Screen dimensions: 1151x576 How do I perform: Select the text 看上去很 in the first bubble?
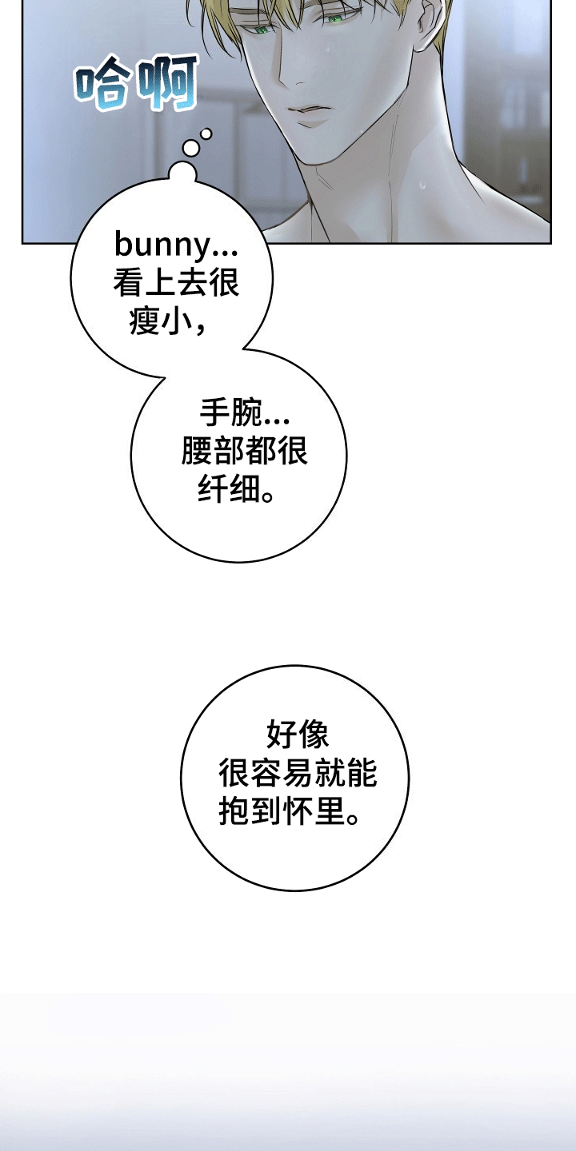[177, 282]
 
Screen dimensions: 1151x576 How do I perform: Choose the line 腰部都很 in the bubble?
[245, 452]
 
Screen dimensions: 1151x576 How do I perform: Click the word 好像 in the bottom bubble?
[296, 734]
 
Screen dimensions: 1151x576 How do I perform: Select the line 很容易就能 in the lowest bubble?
[298, 773]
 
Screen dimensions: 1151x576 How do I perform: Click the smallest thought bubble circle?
[206, 133]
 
